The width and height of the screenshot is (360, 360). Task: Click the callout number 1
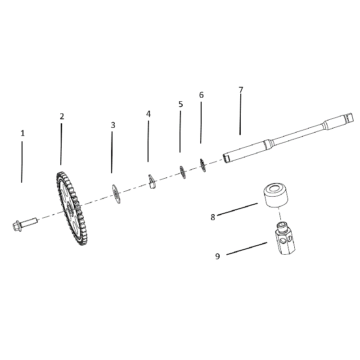tap(22, 133)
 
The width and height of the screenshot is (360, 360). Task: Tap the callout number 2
tap(62, 117)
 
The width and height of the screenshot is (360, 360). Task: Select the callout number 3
tap(113, 125)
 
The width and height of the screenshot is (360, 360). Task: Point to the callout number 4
tap(148, 114)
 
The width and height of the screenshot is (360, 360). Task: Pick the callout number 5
tap(181, 104)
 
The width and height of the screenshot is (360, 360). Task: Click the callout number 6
tap(201, 95)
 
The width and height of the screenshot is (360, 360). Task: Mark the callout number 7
tap(241, 90)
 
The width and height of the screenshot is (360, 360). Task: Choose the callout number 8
tap(213, 217)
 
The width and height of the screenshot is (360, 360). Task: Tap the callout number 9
tap(217, 256)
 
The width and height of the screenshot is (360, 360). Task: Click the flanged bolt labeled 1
tap(24, 224)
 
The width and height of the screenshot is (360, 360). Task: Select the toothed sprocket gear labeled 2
tap(72, 208)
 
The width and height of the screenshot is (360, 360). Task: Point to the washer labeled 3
tap(116, 194)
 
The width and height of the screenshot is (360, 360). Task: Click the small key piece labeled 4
tap(152, 181)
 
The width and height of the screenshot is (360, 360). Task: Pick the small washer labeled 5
tap(183, 172)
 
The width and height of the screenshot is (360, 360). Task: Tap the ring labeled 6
tap(203, 165)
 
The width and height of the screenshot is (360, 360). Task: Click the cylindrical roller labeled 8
tap(275, 195)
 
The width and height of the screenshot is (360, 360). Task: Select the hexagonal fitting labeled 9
tap(285, 238)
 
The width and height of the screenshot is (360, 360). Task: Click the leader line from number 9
tap(247, 248)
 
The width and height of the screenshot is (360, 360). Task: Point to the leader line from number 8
tap(238, 209)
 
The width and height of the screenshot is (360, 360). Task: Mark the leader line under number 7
tap(240, 114)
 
